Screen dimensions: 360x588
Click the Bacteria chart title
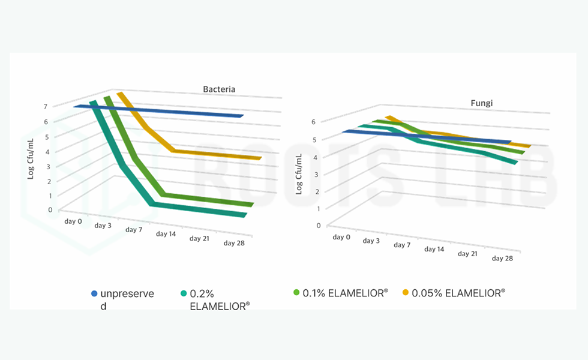coord(218,89)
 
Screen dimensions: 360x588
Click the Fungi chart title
coord(481,103)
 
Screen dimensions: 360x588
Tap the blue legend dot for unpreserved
coord(94,293)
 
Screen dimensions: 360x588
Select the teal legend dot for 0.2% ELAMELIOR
coord(184,293)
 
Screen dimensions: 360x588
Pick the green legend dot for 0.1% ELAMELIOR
coord(296,292)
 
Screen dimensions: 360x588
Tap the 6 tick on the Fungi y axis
coord(313,122)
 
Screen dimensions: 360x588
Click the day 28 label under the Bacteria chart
coord(234,243)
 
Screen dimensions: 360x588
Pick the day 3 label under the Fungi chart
coord(371,241)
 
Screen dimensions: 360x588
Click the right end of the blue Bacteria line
coord(241,115)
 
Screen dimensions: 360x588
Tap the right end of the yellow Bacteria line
coord(259,158)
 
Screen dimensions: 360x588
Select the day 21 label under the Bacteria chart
coord(201,238)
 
